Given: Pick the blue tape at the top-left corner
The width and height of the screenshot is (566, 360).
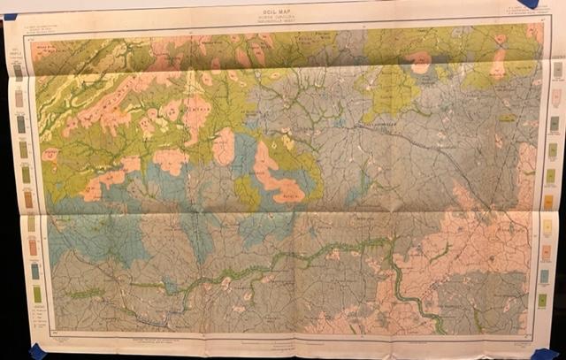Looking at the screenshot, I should coord(10,15).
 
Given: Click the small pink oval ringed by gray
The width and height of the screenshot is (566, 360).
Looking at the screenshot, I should coord(419,61).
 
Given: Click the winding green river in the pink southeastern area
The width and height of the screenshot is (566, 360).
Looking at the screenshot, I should coord(402,283).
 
